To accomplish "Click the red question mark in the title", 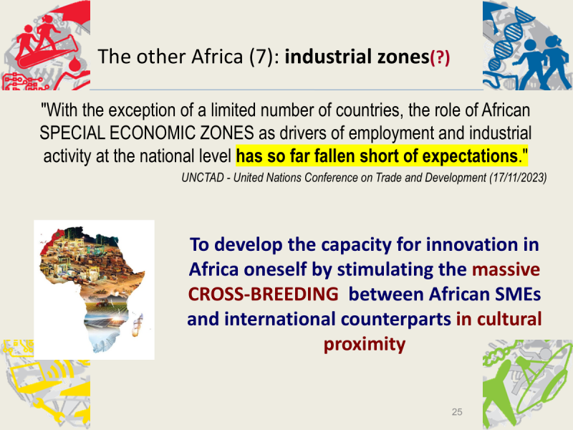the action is pyautogui.click(x=440, y=58).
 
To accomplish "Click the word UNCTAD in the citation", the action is pyautogui.click(x=203, y=178).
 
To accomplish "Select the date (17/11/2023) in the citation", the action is pyautogui.click(x=518, y=178).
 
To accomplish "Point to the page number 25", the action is pyautogui.click(x=457, y=412).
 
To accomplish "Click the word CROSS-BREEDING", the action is pyautogui.click(x=263, y=294).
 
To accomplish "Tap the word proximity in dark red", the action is pyautogui.click(x=365, y=345).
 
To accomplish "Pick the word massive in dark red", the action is pyautogui.click(x=506, y=269).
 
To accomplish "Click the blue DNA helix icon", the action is pyautogui.click(x=510, y=39).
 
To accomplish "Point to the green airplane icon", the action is pyautogui.click(x=504, y=388).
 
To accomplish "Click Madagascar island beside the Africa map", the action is pyautogui.click(x=137, y=326).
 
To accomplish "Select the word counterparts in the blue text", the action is pyautogui.click(x=396, y=320).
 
